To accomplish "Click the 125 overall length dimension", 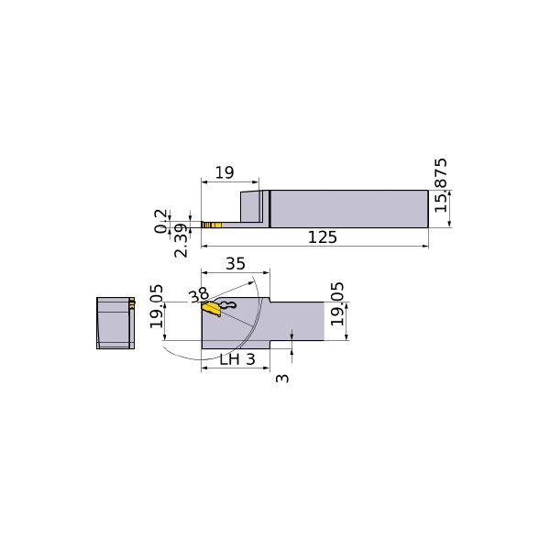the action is click(323, 237).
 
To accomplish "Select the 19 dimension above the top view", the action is click(225, 172).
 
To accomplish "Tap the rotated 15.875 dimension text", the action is click(441, 185).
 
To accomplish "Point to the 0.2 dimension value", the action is click(160, 221).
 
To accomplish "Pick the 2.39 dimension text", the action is click(181, 240).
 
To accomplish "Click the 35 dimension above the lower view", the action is click(236, 264).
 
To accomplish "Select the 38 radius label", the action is click(199, 296).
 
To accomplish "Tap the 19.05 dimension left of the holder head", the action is click(157, 306).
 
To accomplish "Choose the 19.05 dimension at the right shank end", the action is click(337, 303).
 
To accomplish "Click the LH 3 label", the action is click(237, 359).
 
